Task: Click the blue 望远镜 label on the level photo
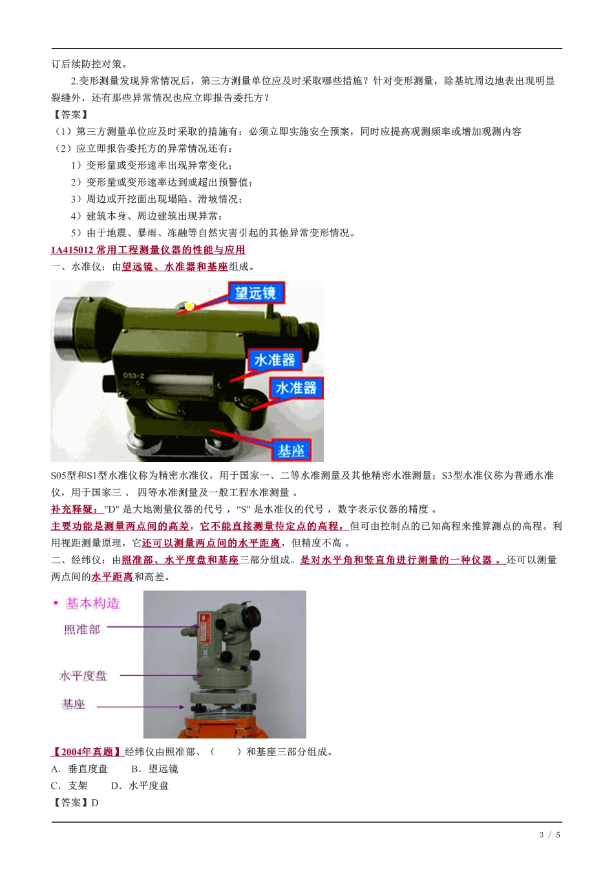click(x=255, y=293)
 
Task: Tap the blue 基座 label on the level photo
click(x=290, y=450)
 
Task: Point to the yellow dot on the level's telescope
click(x=189, y=306)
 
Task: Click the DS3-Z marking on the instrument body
click(x=134, y=375)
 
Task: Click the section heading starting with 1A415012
click(x=148, y=250)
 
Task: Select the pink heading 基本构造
click(x=92, y=603)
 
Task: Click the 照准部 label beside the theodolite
click(x=82, y=629)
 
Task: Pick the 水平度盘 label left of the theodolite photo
click(x=83, y=676)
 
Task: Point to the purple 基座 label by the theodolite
click(x=74, y=704)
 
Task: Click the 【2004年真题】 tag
click(x=87, y=752)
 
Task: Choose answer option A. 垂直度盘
click(x=79, y=769)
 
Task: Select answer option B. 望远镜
click(x=154, y=769)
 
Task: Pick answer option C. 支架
click(x=69, y=786)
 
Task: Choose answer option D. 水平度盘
click(x=140, y=786)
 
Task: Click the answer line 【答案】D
click(x=75, y=802)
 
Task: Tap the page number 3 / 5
click(x=549, y=835)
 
